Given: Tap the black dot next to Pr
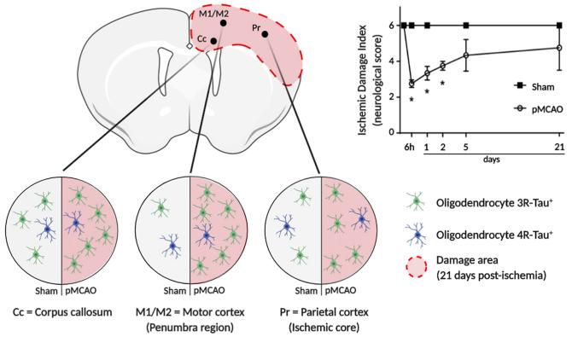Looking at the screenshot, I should [x=265, y=34].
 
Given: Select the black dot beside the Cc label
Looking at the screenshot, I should [x=213, y=40].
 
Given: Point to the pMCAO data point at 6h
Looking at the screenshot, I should [x=411, y=84].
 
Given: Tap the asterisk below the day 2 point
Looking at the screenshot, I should [x=442, y=84].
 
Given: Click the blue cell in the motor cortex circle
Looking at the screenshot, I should [x=172, y=245].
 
